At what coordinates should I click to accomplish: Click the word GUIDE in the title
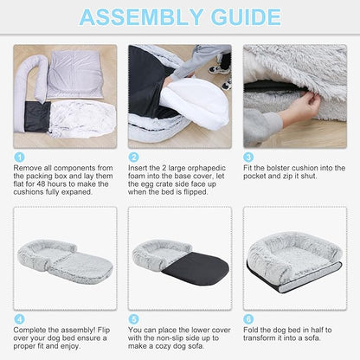click(x=246, y=17)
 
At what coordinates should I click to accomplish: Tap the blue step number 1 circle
click(x=19, y=157)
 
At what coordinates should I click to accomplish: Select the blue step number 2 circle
click(x=133, y=157)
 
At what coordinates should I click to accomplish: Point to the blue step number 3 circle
click(x=248, y=157)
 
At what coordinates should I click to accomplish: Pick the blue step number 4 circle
click(x=19, y=319)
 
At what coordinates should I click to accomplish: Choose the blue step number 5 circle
click(x=133, y=319)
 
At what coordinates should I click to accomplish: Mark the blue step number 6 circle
click(x=248, y=319)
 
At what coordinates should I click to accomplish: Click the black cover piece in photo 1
click(x=37, y=117)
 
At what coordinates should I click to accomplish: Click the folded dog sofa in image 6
click(x=294, y=262)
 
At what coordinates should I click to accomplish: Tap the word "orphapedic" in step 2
click(x=207, y=168)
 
